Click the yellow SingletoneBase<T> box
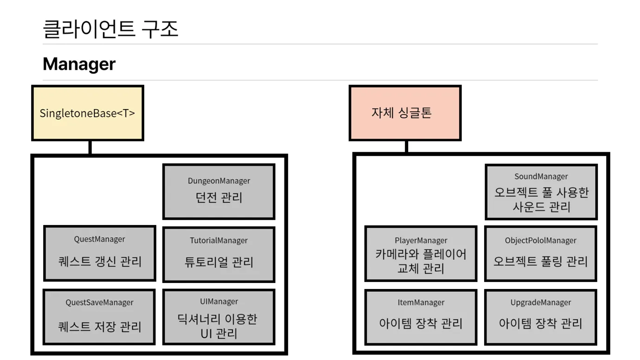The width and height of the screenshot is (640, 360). pos(87,113)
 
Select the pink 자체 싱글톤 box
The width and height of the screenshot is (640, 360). pos(405,113)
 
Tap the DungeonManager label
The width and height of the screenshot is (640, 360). pos(219,181)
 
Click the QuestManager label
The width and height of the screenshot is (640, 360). pos(100,239)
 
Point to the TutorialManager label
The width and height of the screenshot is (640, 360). pos(219,240)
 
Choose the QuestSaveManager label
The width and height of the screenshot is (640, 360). pos(99,302)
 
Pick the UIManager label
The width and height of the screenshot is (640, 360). pos(219,302)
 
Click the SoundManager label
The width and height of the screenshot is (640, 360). pos(541,176)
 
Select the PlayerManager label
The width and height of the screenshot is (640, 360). pos(421,240)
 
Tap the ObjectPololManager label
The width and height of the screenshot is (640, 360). pos(541,240)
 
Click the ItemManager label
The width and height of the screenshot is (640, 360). pos(421,302)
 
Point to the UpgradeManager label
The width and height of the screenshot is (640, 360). pos(541,302)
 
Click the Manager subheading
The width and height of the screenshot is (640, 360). pos(79,64)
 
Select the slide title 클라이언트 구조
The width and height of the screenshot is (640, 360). pos(110,29)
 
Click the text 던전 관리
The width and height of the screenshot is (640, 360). pos(219,198)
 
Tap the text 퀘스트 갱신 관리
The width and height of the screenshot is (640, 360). pos(100,261)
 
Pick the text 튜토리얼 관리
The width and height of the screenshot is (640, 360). pos(219,262)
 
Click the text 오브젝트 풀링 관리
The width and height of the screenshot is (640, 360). pos(541,261)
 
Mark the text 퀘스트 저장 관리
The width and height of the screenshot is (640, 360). pos(99,326)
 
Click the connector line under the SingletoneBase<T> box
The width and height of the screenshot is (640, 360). pos(90,148)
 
